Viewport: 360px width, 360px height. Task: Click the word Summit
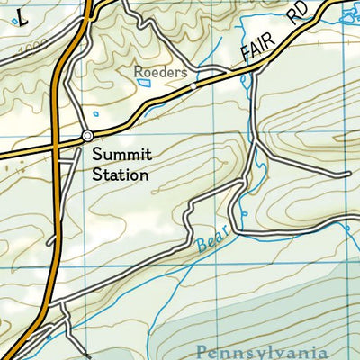[x=121, y=157]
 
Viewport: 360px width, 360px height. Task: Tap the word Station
[x=121, y=175]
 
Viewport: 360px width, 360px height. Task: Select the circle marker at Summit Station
[x=87, y=136]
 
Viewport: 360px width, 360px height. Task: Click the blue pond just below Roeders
[x=144, y=84]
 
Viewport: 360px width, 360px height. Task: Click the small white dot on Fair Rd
[x=193, y=86]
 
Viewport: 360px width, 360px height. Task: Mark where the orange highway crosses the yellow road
[x=56, y=146]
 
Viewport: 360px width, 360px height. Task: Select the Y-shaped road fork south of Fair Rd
[x=255, y=144]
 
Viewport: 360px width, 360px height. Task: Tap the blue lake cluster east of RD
[x=346, y=13]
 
